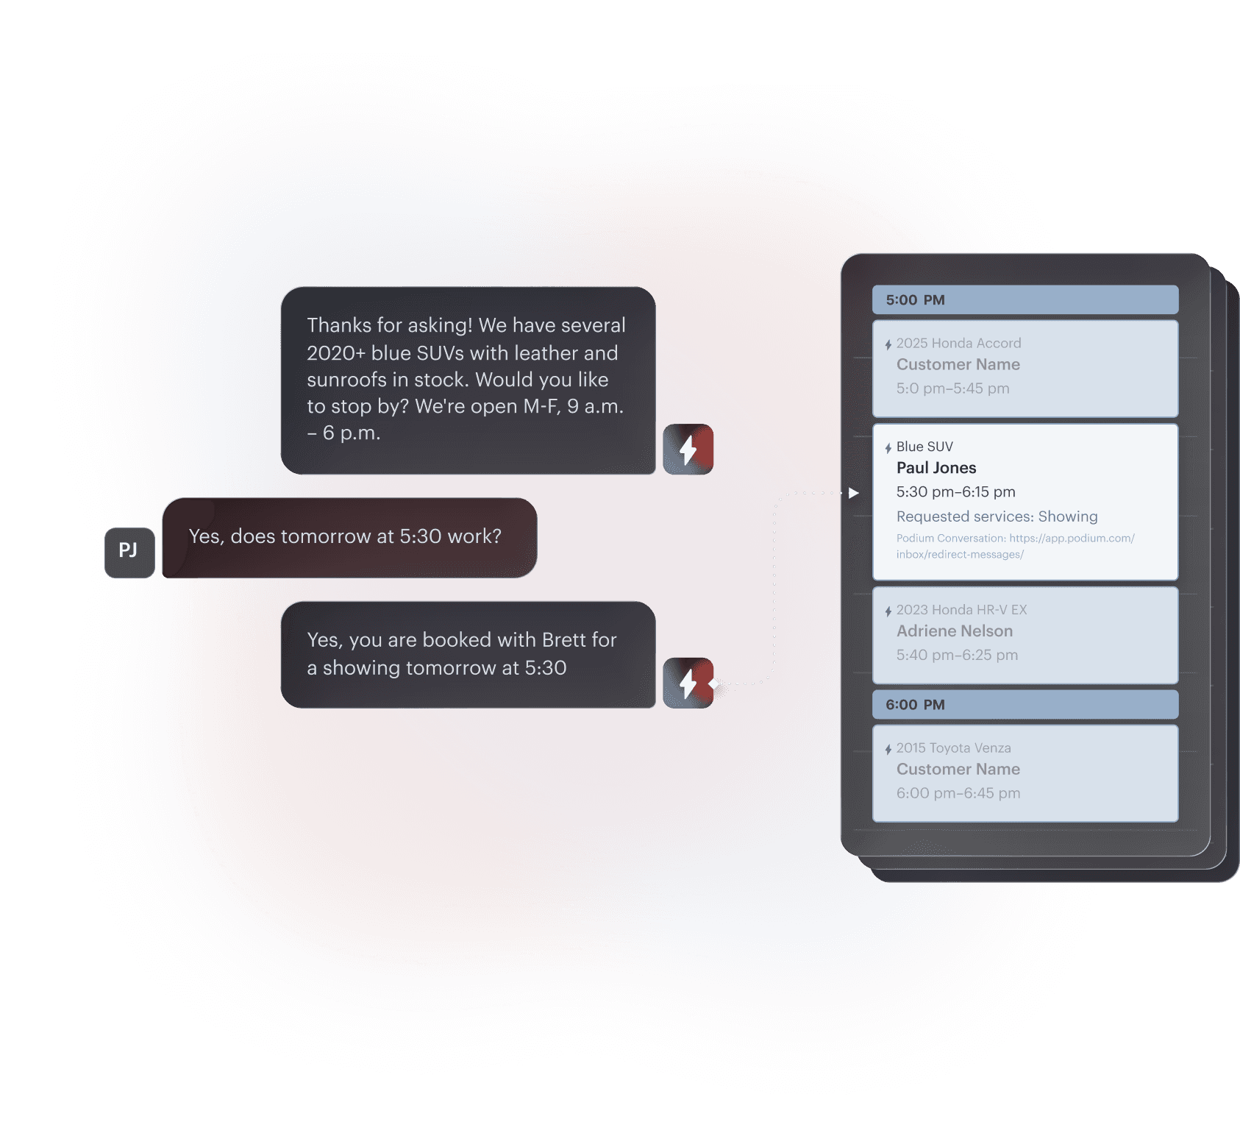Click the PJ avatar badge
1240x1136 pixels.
pyautogui.click(x=129, y=552)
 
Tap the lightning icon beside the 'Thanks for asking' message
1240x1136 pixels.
pyautogui.click(x=688, y=450)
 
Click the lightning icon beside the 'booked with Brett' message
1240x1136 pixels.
pyautogui.click(x=687, y=683)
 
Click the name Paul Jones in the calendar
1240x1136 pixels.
pyautogui.click(x=936, y=468)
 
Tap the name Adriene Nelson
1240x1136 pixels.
pyautogui.click(x=954, y=631)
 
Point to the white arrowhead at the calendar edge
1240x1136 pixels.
pyautogui.click(x=853, y=493)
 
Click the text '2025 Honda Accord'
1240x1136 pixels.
pyautogui.click(x=958, y=344)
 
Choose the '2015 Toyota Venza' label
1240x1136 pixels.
pyautogui.click(x=953, y=748)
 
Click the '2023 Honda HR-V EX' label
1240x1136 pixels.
pyautogui.click(x=961, y=610)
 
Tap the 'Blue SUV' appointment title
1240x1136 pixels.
pyautogui.click(x=924, y=447)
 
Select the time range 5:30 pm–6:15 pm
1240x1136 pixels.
pyautogui.click(x=955, y=492)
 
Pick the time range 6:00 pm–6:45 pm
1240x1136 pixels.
pyautogui.click(x=958, y=793)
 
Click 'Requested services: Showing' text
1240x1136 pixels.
pyautogui.click(x=997, y=516)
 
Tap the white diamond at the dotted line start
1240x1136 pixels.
pyautogui.click(x=713, y=684)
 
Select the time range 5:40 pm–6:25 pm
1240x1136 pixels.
pyautogui.click(x=957, y=655)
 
